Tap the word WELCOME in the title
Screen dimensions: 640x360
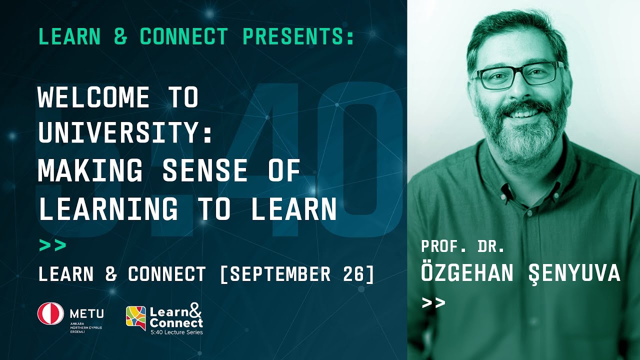(x=93, y=97)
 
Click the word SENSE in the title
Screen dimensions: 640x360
(x=204, y=170)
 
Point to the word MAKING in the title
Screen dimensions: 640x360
(x=90, y=170)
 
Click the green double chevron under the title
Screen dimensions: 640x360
(x=52, y=245)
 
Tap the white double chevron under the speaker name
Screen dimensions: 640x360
(x=433, y=302)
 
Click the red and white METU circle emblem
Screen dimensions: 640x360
(x=50, y=313)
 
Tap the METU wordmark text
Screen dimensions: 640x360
(x=87, y=314)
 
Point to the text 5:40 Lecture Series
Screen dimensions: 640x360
(x=177, y=332)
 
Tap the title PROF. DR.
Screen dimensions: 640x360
(x=463, y=247)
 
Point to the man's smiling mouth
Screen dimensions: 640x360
(x=524, y=113)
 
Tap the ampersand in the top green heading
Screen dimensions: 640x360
(x=120, y=36)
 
